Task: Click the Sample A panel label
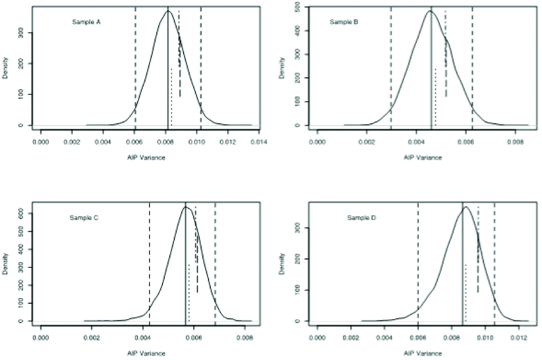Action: [x=86, y=22]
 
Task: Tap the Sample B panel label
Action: [x=344, y=22]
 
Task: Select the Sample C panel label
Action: [x=85, y=217]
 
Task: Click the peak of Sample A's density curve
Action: [x=168, y=11]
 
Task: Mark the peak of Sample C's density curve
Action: [x=185, y=207]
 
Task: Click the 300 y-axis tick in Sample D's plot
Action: [x=298, y=228]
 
